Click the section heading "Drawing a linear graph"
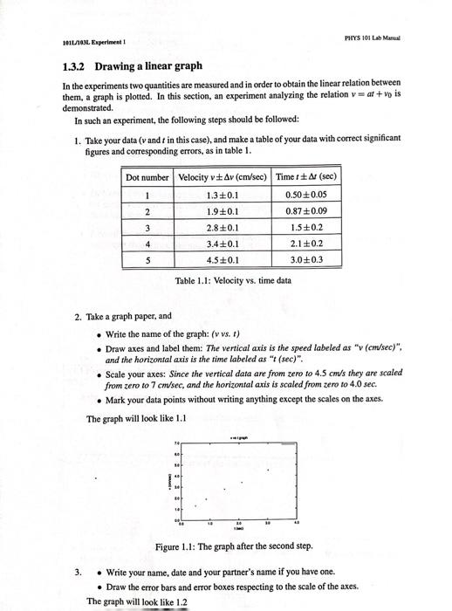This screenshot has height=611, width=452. tap(148, 65)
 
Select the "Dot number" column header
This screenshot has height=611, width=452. tap(147, 177)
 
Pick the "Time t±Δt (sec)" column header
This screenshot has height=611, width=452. tap(305, 177)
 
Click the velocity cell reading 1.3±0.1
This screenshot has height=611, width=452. tap(220, 195)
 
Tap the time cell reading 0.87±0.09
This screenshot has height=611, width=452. tap(305, 210)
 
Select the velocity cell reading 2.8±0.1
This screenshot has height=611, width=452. tap(220, 227)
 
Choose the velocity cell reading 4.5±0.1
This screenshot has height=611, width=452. tap(220, 259)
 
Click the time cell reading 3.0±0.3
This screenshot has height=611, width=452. tap(305, 259)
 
